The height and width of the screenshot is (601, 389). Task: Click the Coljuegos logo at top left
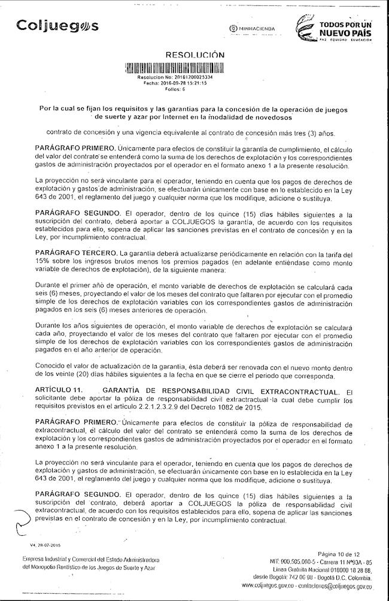(57, 26)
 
